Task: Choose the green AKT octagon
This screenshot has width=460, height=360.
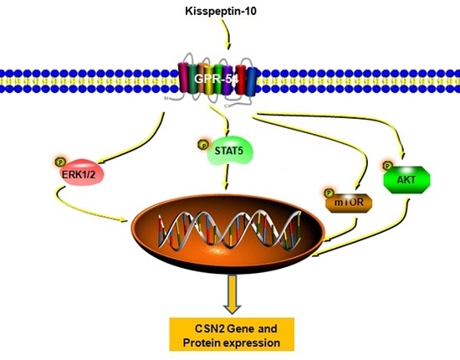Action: [404, 178]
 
